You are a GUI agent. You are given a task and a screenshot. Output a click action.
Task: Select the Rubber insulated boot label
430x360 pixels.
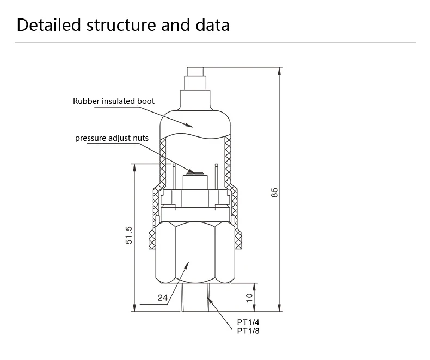coord(114,101)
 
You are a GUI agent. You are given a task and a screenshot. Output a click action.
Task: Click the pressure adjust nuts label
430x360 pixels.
coord(112,138)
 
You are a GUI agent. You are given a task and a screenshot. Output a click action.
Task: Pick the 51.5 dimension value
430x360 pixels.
coord(129,237)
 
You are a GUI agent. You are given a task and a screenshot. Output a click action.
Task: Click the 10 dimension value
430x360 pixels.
coord(249,297)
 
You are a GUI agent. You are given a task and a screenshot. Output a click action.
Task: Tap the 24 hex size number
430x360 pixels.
coord(162,297)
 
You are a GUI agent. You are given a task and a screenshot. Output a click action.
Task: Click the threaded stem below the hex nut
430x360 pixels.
coord(194,297)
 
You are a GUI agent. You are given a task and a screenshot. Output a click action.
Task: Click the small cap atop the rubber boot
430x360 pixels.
coord(195,72)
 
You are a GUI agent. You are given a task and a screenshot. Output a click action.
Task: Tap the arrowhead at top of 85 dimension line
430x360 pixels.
coord(279,71)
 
